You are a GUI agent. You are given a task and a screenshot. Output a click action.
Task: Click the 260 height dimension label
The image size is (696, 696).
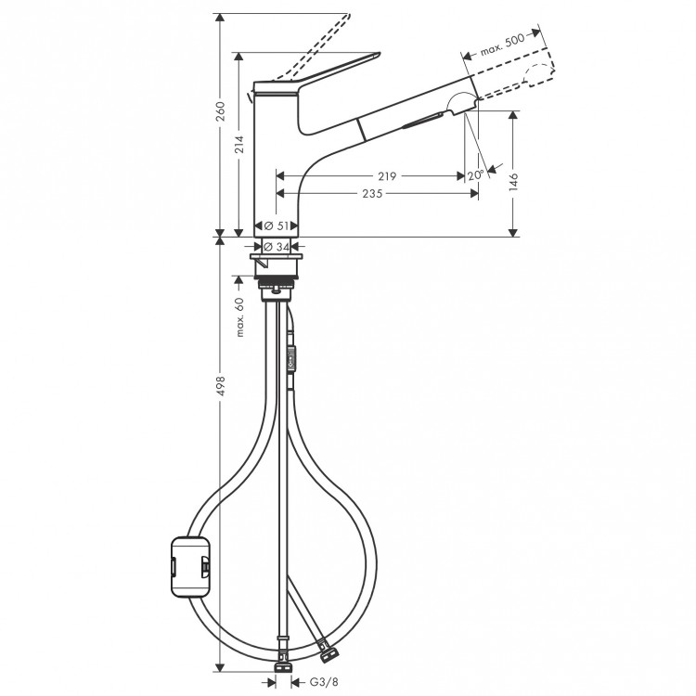[219, 114]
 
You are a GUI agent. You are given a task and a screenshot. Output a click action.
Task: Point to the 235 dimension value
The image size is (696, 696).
[374, 193]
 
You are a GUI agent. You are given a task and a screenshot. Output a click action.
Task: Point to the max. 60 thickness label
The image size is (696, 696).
[238, 316]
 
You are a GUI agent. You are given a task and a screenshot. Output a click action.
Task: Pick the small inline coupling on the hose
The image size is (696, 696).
[294, 356]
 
